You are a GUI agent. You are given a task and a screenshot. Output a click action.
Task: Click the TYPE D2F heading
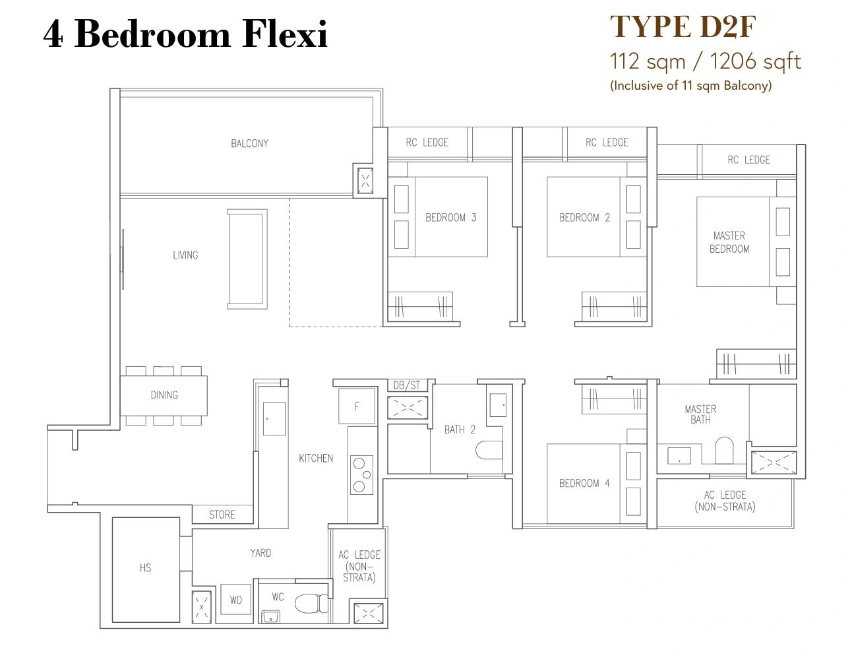(683, 27)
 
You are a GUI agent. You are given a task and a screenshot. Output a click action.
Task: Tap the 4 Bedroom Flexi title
(185, 34)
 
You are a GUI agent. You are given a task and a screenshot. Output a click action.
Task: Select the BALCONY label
(249, 143)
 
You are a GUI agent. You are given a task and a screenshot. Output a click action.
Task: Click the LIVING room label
(185, 255)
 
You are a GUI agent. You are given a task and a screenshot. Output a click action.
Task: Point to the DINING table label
(164, 395)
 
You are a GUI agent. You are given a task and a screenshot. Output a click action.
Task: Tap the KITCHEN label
(316, 459)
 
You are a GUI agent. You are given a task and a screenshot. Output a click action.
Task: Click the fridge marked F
(357, 406)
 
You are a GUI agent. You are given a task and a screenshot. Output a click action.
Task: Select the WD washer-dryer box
(236, 599)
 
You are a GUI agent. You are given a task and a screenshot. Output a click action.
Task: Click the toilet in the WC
(311, 603)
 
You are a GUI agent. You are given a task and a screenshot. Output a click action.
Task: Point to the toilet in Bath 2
(489, 451)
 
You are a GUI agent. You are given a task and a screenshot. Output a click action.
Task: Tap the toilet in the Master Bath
(723, 450)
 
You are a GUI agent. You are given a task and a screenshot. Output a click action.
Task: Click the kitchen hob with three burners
(361, 475)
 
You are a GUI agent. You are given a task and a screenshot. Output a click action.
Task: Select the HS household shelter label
(145, 568)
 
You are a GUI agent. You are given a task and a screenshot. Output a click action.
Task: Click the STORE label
(222, 515)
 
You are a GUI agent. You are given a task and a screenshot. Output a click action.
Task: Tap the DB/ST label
(407, 385)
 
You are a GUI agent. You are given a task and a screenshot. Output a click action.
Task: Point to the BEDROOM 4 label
(584, 483)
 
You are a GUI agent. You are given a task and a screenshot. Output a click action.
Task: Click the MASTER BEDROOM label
(729, 242)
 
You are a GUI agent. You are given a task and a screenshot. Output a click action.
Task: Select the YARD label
(260, 553)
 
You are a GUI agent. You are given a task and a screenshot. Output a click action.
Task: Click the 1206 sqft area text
(756, 62)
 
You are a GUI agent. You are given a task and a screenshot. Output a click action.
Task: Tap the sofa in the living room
(247, 259)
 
